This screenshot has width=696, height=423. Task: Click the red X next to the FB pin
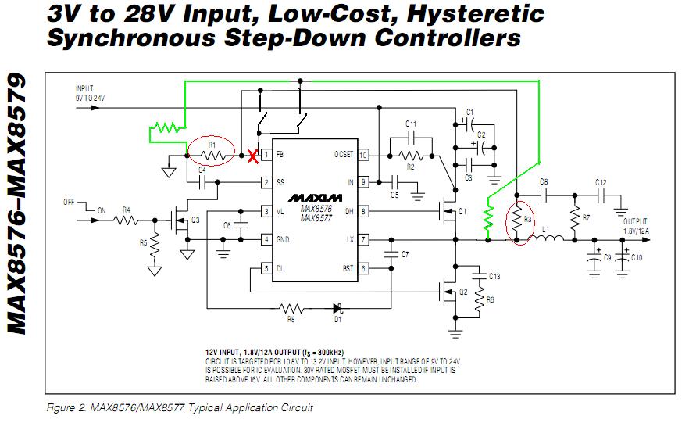click(x=252, y=156)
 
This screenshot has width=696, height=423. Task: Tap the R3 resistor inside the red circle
click(x=516, y=220)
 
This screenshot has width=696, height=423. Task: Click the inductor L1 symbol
click(x=548, y=240)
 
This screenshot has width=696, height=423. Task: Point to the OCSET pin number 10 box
click(x=363, y=155)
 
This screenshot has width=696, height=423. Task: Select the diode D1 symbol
click(x=338, y=308)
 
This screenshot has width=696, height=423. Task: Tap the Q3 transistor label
click(x=197, y=220)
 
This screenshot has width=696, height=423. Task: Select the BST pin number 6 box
click(x=363, y=268)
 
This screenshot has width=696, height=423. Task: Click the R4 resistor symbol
click(x=126, y=220)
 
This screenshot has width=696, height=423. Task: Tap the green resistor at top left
click(x=166, y=126)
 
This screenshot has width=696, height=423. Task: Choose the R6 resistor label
click(x=490, y=299)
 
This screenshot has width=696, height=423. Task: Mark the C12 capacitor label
click(x=600, y=182)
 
